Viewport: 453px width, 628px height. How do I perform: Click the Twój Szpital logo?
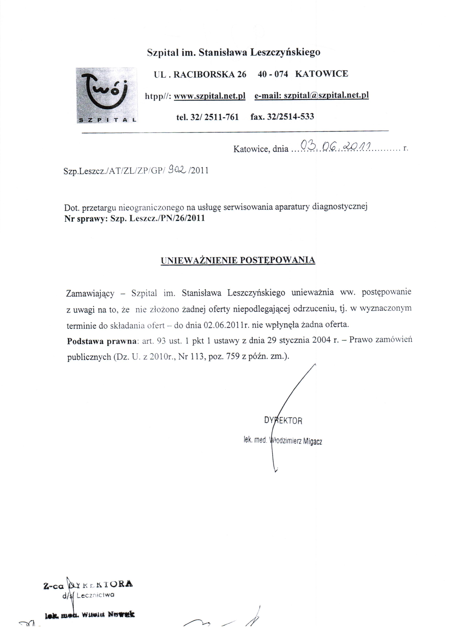point(107,95)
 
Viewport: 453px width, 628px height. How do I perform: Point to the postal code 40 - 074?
point(273,74)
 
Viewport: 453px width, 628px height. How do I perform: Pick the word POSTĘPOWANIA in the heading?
point(277,260)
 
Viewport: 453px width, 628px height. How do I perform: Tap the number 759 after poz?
point(232,356)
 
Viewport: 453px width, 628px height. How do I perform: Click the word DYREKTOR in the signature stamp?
point(283,421)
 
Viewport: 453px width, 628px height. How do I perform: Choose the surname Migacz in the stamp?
point(312,441)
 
